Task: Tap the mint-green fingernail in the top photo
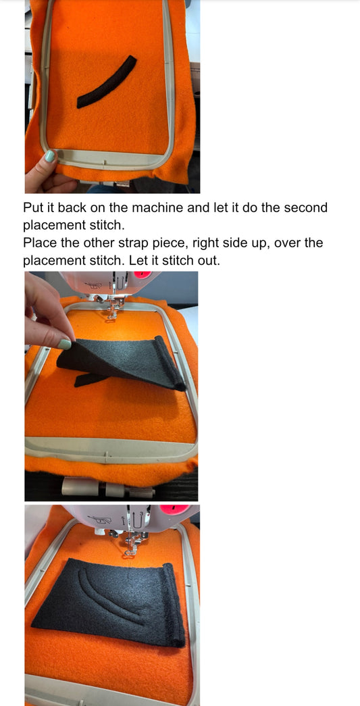(49, 156)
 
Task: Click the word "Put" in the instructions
(34, 208)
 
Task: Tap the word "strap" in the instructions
(134, 244)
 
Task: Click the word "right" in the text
(207, 244)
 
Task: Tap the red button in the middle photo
(143, 274)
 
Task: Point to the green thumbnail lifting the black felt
(64, 345)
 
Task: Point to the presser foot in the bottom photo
(130, 544)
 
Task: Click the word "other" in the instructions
(97, 243)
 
